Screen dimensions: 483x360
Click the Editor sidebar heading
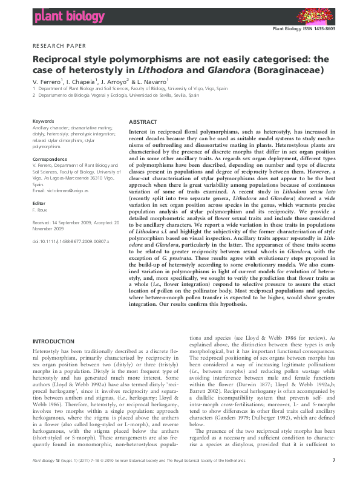(39, 203)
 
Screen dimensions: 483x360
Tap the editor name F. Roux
(41, 210)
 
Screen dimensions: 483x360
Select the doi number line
(70, 241)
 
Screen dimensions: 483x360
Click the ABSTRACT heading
(143, 121)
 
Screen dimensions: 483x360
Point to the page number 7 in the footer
(334, 478)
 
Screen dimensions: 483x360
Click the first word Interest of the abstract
(140, 131)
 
